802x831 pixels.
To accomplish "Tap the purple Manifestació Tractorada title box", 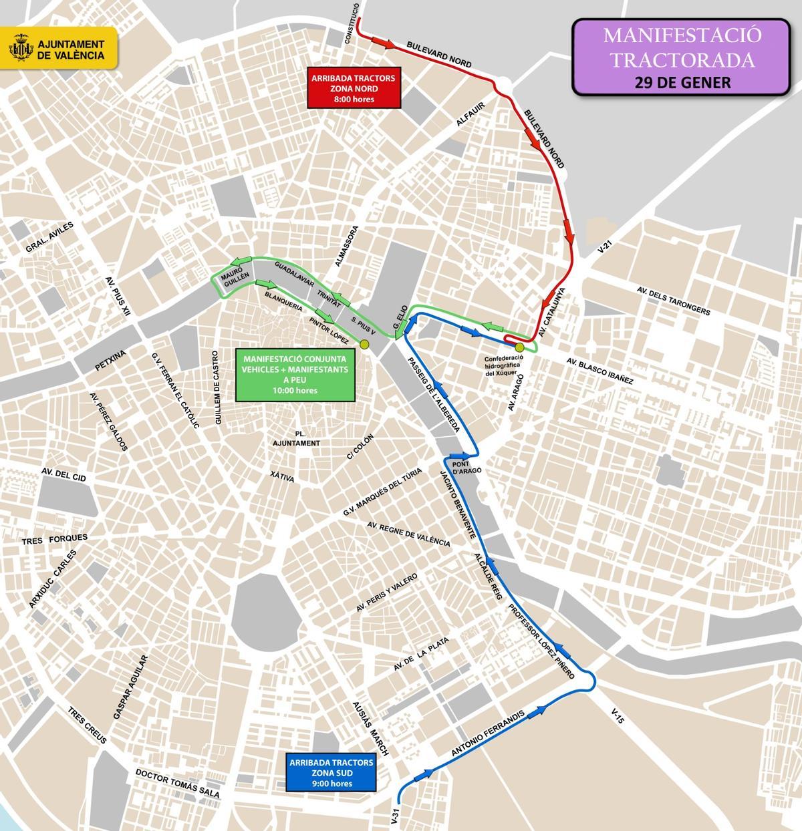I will tap(679, 57).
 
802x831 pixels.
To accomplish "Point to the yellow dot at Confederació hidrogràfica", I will tap(519, 347).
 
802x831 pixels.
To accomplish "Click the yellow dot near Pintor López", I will tap(364, 344).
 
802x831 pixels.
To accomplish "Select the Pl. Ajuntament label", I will tap(296, 439).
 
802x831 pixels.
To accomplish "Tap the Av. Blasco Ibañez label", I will tap(599, 370).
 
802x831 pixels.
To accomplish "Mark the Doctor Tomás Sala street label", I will tap(176, 784).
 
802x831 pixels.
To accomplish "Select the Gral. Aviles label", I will tap(48, 238).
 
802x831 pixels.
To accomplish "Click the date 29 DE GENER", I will tap(678, 82).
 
